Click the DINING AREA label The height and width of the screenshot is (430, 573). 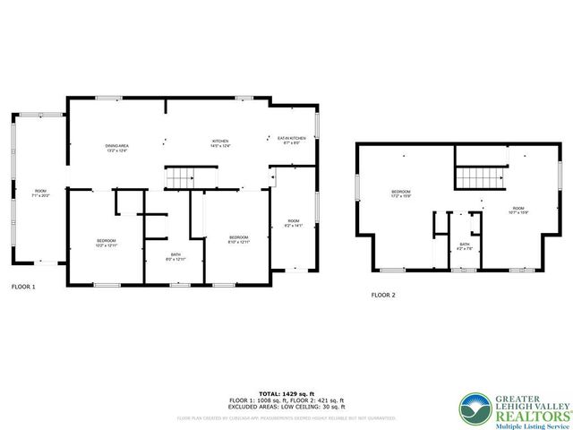(116, 148)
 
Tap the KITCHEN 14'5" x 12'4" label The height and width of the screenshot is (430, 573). (220, 143)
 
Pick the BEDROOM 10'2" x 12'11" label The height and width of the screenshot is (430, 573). (107, 242)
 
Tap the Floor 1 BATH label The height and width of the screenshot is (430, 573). (175, 256)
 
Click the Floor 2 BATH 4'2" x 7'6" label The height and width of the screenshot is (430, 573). (465, 246)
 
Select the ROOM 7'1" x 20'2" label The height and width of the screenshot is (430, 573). (40, 193)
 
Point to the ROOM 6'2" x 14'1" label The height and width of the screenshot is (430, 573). (293, 223)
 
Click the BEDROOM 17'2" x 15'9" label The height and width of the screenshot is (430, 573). (400, 194)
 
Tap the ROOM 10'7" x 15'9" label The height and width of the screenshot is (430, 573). (519, 210)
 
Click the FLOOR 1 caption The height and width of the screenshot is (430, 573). (23, 287)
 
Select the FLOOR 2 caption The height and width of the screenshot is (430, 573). (383, 295)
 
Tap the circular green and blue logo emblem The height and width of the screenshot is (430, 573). (474, 408)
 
